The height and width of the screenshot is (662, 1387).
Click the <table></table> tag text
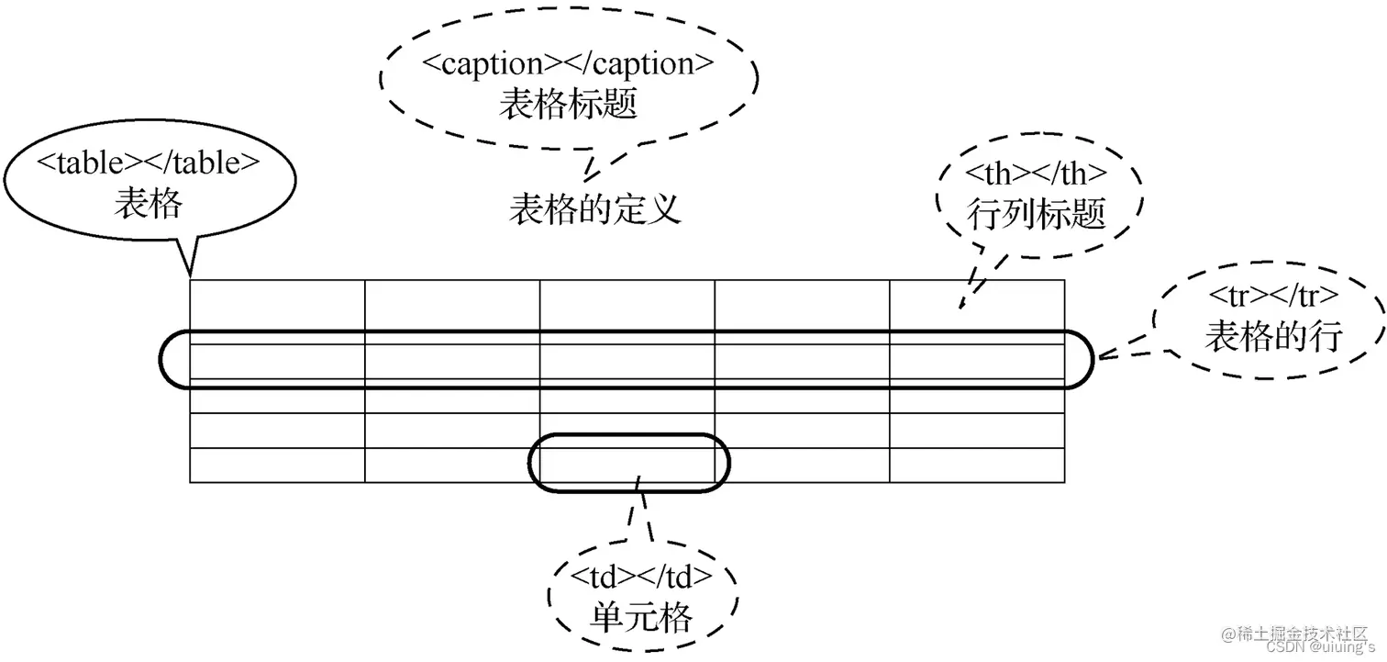pyautogui.click(x=149, y=163)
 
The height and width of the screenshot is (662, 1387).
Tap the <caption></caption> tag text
pyautogui.click(x=568, y=64)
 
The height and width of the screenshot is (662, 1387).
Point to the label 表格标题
pyautogui.click(x=568, y=103)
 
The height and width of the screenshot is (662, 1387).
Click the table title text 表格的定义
pyautogui.click(x=595, y=209)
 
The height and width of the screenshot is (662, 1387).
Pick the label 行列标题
pyautogui.click(x=1037, y=215)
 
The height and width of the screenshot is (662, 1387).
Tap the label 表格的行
pyautogui.click(x=1273, y=337)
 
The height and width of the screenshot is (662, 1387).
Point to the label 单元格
pyautogui.click(x=642, y=616)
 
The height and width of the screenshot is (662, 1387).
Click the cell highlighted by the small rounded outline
pyautogui.click(x=627, y=466)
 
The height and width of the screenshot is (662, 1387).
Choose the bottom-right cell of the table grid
pyautogui.click(x=977, y=466)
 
